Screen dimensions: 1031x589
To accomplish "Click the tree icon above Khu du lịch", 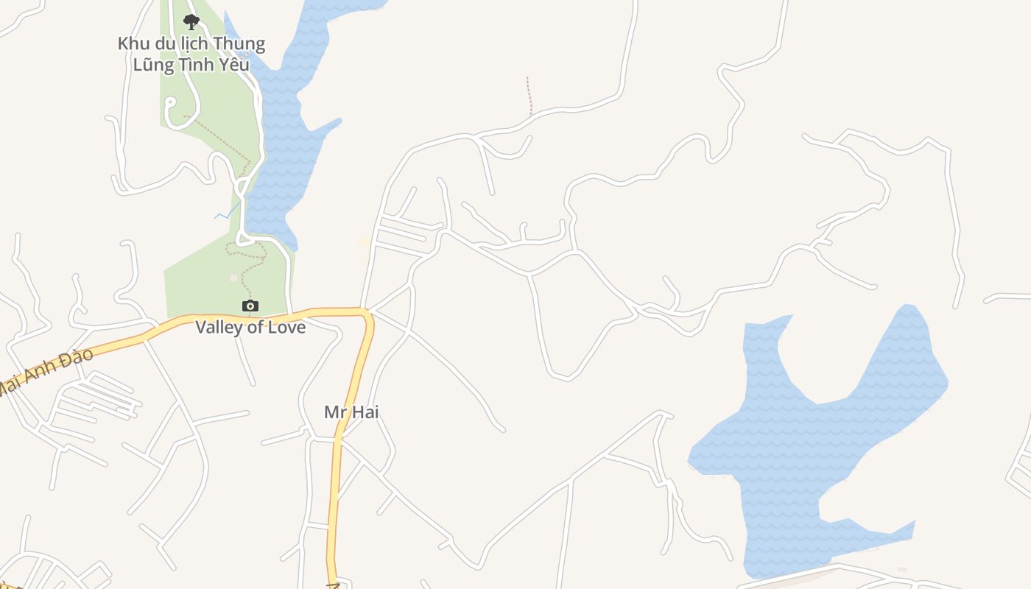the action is click(191, 21).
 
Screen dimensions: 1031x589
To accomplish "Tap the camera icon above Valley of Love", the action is click(250, 306).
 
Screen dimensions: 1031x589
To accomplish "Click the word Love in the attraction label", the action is click(286, 327).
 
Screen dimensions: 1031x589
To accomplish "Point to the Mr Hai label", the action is click(351, 412).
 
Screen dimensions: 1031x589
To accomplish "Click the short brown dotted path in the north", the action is click(529, 96).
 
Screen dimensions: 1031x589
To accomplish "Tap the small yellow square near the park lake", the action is click(363, 241).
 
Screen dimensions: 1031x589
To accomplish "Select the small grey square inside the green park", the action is click(233, 278).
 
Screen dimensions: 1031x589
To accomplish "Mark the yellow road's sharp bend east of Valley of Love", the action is click(367, 314).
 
